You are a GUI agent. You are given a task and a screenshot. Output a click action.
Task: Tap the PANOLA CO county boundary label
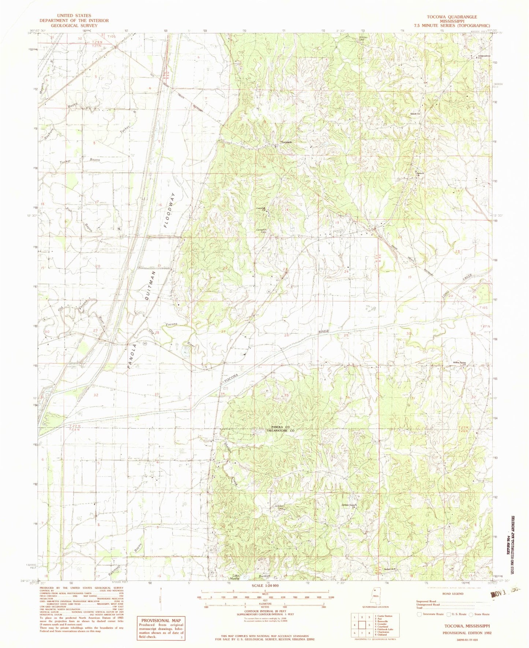[x=280, y=427]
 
